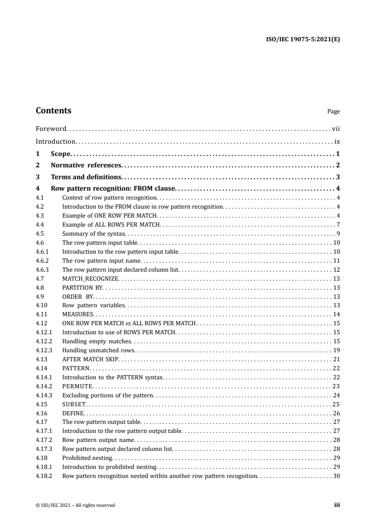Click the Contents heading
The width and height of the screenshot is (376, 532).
[54, 110]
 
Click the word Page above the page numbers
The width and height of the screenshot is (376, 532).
[333, 112]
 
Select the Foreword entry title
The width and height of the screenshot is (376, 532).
[51, 128]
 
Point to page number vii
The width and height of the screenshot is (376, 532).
[336, 128]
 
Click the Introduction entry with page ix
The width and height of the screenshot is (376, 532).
[55, 141]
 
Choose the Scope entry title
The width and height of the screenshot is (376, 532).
[60, 154]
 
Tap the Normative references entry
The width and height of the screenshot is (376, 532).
[86, 165]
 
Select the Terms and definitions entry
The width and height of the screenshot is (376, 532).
[86, 177]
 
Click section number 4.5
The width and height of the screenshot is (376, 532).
[40, 234]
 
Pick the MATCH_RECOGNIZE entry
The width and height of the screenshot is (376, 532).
[91, 279]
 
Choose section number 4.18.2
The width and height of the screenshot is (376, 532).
[44, 476]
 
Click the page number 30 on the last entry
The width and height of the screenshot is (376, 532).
[337, 476]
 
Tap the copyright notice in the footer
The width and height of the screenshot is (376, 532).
[75, 505]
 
